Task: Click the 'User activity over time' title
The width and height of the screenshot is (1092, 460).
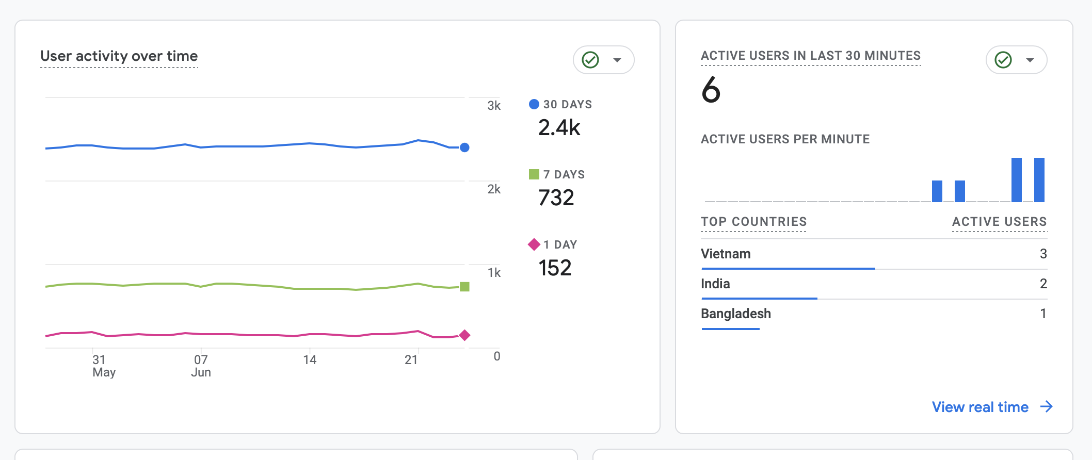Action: [119, 56]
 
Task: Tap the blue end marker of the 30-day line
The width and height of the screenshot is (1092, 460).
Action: [464, 147]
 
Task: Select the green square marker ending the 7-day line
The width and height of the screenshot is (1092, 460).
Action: [464, 287]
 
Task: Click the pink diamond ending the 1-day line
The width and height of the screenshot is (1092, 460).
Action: [464, 335]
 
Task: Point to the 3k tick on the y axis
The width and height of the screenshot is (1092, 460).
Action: [494, 106]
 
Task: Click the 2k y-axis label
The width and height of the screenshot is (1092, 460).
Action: [494, 189]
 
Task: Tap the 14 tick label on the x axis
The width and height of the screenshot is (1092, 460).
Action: [310, 360]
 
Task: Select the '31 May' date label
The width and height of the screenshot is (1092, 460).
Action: [104, 366]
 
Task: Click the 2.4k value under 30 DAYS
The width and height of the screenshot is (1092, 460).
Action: [559, 127]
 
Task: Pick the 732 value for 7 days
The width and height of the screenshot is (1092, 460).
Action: [556, 198]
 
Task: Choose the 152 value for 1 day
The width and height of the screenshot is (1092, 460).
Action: [555, 268]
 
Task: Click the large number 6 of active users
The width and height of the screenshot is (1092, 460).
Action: [711, 90]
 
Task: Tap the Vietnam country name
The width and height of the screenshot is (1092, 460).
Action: [726, 254]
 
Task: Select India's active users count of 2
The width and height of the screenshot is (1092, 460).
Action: [1043, 284]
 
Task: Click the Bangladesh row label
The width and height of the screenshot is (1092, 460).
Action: [736, 314]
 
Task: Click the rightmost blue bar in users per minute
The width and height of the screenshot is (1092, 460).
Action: [1039, 180]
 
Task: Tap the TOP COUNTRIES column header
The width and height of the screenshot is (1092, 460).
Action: [753, 222]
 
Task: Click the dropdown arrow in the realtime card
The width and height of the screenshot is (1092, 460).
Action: [1030, 60]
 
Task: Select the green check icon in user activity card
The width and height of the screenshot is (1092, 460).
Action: [590, 60]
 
